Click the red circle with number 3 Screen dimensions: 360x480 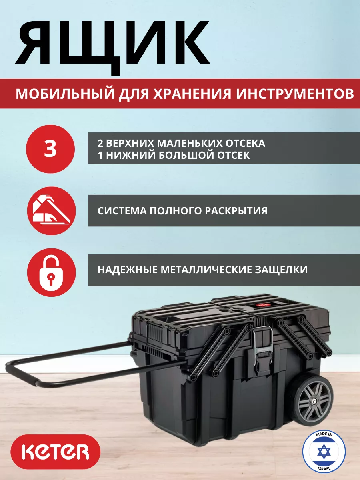50,149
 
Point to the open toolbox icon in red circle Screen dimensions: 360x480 51,211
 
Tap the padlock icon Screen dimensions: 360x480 51,272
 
